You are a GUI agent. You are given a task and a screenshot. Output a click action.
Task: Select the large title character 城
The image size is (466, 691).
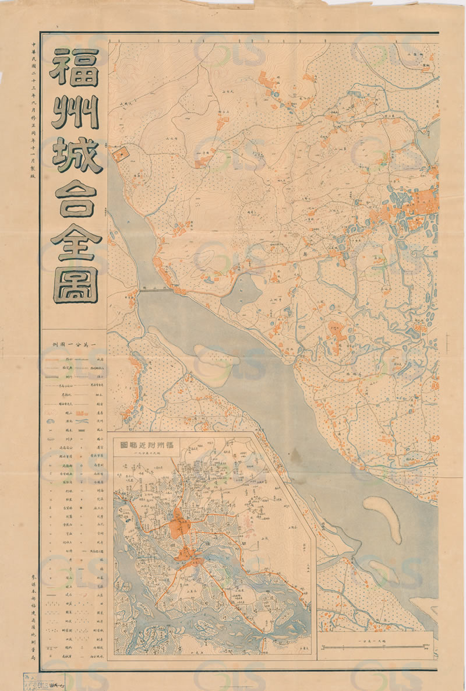coord(74,154)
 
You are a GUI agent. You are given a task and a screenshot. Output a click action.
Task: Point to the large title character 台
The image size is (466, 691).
coord(74,197)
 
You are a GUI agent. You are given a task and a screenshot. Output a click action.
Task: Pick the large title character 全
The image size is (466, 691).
coord(74,240)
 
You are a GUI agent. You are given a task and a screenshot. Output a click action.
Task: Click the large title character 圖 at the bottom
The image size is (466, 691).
coord(74,284)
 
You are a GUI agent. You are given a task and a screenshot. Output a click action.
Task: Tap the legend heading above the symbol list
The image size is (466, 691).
coord(74,345)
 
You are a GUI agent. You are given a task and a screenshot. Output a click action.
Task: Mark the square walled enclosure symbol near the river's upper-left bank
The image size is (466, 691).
coord(122,154)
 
